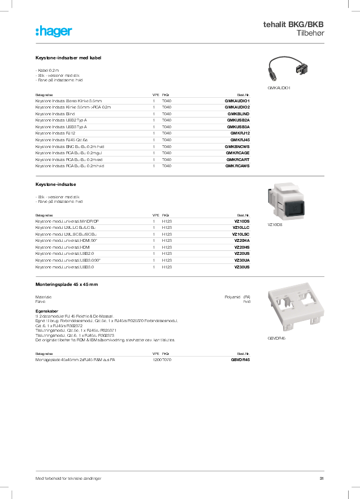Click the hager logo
click(x=54, y=32)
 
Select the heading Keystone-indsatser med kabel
click(x=68, y=58)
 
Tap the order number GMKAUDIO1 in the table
click(x=237, y=101)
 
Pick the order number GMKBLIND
click(x=238, y=114)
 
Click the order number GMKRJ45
click(x=240, y=140)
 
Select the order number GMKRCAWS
click(x=237, y=166)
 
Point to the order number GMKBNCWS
click(x=237, y=146)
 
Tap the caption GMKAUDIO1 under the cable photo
click(x=279, y=88)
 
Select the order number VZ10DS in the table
click(x=241, y=221)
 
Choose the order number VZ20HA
click(x=241, y=241)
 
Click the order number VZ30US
click(x=241, y=267)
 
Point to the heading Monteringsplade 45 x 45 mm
click(x=67, y=284)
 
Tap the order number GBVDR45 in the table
click(x=240, y=359)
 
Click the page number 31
click(x=321, y=479)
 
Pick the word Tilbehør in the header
click(x=310, y=34)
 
